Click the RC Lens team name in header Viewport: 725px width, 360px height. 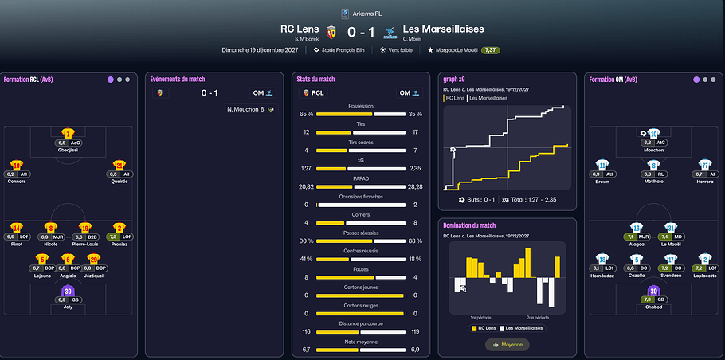tap(300, 29)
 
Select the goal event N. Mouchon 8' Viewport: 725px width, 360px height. tap(248, 109)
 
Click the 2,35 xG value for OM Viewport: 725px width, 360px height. tap(417, 169)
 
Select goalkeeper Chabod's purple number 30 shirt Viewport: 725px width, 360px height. tap(653, 291)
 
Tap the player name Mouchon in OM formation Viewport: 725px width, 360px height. tap(653, 150)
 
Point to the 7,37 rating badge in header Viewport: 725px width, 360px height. tap(492, 49)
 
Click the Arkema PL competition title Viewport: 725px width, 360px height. tap(366, 14)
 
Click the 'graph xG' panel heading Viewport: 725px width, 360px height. tap(453, 79)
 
